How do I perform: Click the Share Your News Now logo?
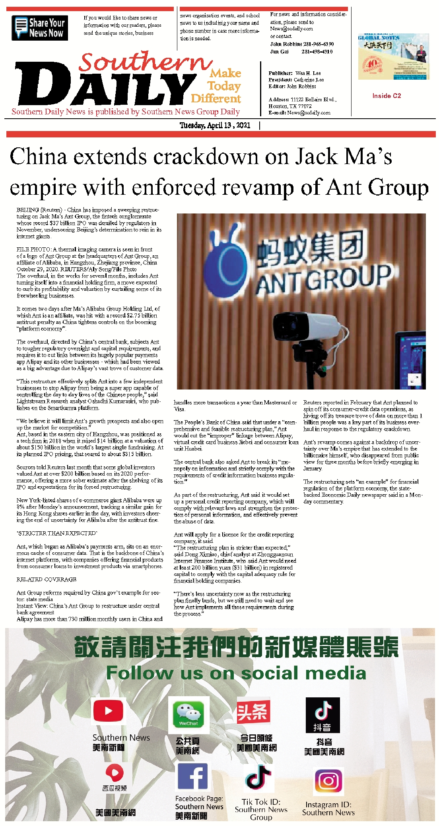(40, 28)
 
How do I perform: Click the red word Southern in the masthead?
(145, 63)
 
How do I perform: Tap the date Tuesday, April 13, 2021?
(215, 125)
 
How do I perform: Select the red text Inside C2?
(387, 96)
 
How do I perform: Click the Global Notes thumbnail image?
(393, 57)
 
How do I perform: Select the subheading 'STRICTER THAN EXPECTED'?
(57, 533)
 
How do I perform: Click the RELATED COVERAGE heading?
(47, 579)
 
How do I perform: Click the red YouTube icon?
(108, 711)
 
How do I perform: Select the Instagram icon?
(328, 781)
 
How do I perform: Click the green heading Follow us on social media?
(236, 673)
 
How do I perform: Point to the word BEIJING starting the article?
(28, 210)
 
